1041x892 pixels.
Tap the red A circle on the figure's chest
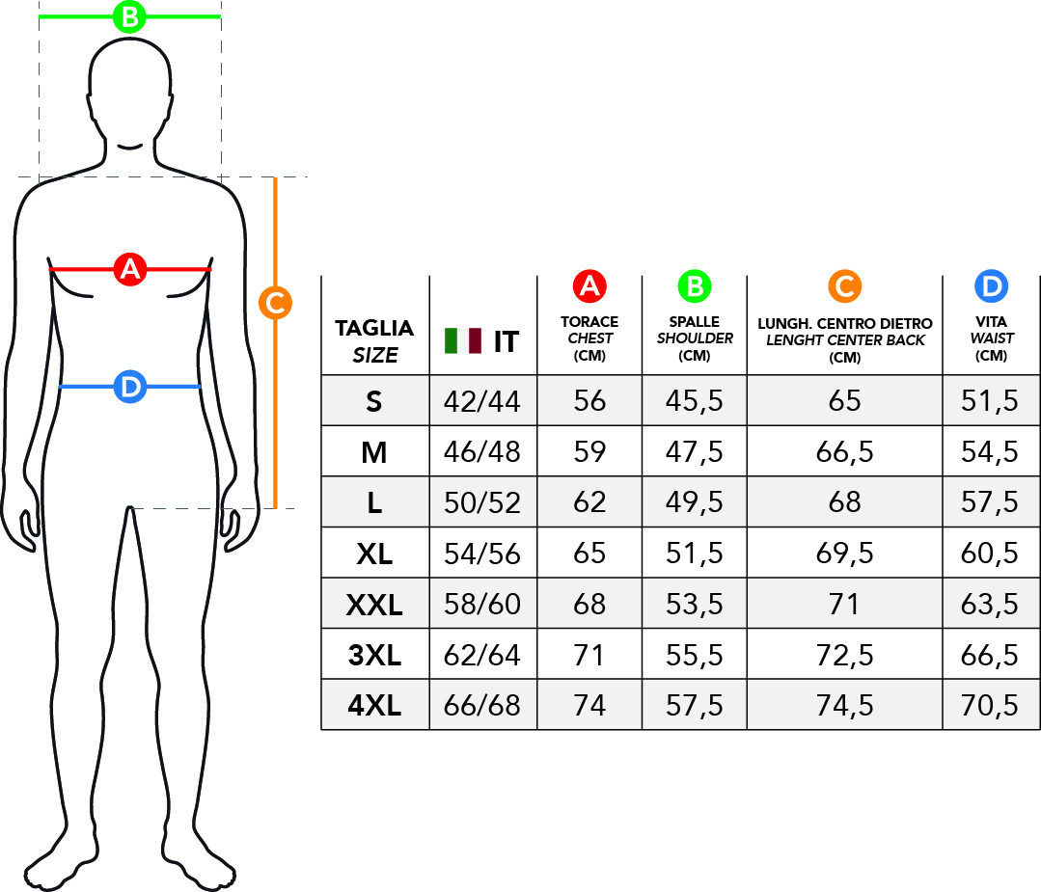pos(129,269)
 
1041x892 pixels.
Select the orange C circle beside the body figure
pos(275,303)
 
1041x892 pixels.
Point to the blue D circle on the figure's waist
pos(129,387)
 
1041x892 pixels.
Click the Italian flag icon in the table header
pos(463,340)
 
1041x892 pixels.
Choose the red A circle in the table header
pos(589,285)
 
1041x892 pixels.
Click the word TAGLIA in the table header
pos(374,328)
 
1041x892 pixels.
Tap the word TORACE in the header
pos(589,322)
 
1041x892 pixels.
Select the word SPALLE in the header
pos(695,322)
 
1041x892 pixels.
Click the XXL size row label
pos(374,605)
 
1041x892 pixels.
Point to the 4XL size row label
pos(374,706)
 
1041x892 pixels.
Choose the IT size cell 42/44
pos(482,401)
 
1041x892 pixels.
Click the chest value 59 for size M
pos(589,451)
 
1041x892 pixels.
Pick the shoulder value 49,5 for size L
pos(695,502)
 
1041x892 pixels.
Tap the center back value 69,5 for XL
pos(844,554)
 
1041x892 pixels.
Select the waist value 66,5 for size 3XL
pos(990,656)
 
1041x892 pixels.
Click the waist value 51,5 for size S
pos(990,401)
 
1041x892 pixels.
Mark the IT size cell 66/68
pos(482,706)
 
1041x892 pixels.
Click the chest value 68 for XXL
pos(589,605)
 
